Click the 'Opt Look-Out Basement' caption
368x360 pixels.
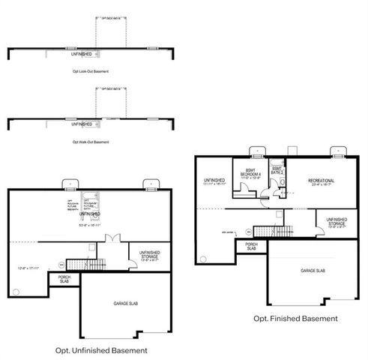tap(91, 71)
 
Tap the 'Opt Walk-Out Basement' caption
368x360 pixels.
tap(91, 142)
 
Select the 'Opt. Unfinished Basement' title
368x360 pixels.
tap(101, 350)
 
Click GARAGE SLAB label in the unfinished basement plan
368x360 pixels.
tap(124, 303)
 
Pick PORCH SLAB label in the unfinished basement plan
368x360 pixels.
tap(63, 280)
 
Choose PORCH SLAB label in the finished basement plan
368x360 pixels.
tap(252, 246)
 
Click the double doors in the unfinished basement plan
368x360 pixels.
tap(112, 238)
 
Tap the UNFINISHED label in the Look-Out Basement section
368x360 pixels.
tap(82, 54)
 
